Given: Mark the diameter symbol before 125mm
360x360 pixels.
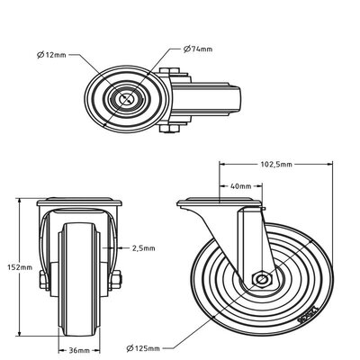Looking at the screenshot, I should (132, 347).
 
